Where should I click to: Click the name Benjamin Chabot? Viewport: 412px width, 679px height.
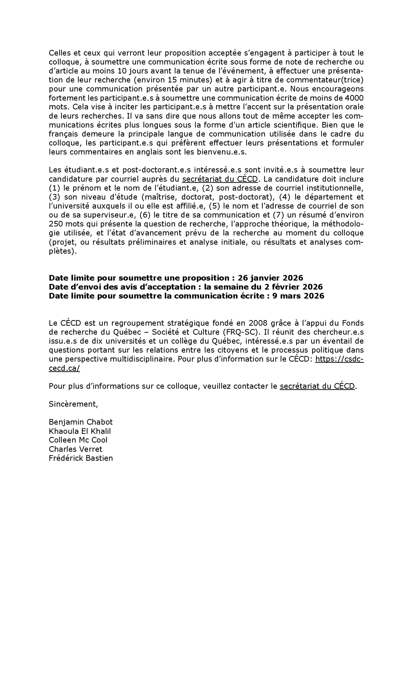[81, 422]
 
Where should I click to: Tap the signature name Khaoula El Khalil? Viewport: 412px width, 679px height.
[80, 431]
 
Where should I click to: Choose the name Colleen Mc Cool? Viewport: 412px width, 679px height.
[78, 440]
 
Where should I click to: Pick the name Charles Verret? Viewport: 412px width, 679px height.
[75, 449]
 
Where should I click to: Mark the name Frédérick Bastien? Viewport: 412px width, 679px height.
[81, 458]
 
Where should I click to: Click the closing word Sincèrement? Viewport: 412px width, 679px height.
[73, 404]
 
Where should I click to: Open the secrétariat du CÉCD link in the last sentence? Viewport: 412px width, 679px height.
[317, 386]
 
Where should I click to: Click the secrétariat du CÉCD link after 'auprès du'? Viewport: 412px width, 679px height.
[220, 179]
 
